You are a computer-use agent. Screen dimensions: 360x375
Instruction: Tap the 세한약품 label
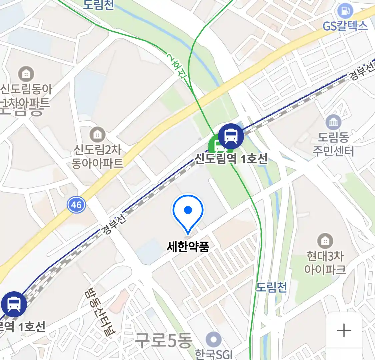pyautogui.click(x=188, y=247)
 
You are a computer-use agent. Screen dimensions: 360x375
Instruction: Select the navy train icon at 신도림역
pyautogui.click(x=231, y=136)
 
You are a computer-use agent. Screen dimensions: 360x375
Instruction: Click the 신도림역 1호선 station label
pyautogui.click(x=231, y=159)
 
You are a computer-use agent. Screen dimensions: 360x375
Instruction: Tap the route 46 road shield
pyautogui.click(x=76, y=204)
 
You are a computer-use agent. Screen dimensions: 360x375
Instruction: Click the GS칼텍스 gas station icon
pyautogui.click(x=345, y=11)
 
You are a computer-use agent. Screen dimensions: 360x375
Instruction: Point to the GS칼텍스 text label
pyautogui.click(x=345, y=26)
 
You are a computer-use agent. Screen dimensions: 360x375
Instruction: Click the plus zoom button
pyautogui.click(x=344, y=331)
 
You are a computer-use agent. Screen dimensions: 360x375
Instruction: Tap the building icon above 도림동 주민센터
pyautogui.click(x=333, y=123)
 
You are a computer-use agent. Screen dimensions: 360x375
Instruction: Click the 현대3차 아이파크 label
pyautogui.click(x=325, y=263)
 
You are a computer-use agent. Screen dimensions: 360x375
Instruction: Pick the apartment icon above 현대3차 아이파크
pyautogui.click(x=325, y=241)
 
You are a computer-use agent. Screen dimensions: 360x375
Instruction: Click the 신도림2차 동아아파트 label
pyautogui.click(x=97, y=156)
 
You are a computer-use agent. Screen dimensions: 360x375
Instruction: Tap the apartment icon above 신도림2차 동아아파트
pyautogui.click(x=97, y=135)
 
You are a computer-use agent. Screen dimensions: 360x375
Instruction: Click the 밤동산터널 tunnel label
pyautogui.click(x=99, y=311)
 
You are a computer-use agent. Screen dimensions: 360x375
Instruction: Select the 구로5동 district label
pyautogui.click(x=164, y=340)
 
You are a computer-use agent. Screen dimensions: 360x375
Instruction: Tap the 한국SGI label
pyautogui.click(x=213, y=354)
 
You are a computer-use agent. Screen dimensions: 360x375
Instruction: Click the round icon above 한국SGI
pyautogui.click(x=213, y=340)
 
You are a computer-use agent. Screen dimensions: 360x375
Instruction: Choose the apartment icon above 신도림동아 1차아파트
pyautogui.click(x=26, y=74)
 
